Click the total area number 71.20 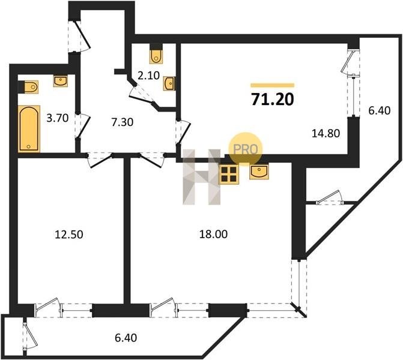pos(273,100)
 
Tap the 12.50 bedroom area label pos(69,235)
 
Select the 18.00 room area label pos(213,234)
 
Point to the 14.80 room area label pos(326,133)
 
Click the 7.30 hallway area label pos(123,122)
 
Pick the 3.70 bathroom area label pos(57,118)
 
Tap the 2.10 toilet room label pos(148,76)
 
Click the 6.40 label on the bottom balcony pos(126,338)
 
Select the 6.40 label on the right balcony pos(380,110)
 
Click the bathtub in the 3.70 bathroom pos(29,129)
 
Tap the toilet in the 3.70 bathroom pos(31,87)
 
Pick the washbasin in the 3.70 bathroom pos(61,81)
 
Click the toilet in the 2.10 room pos(156,56)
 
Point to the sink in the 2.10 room pos(169,84)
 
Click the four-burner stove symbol pos(229,175)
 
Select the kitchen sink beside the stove pos(259,172)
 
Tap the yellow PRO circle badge pos(245,149)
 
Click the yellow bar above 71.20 pos(273,85)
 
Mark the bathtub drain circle pos(29,146)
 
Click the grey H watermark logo pos(202,177)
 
